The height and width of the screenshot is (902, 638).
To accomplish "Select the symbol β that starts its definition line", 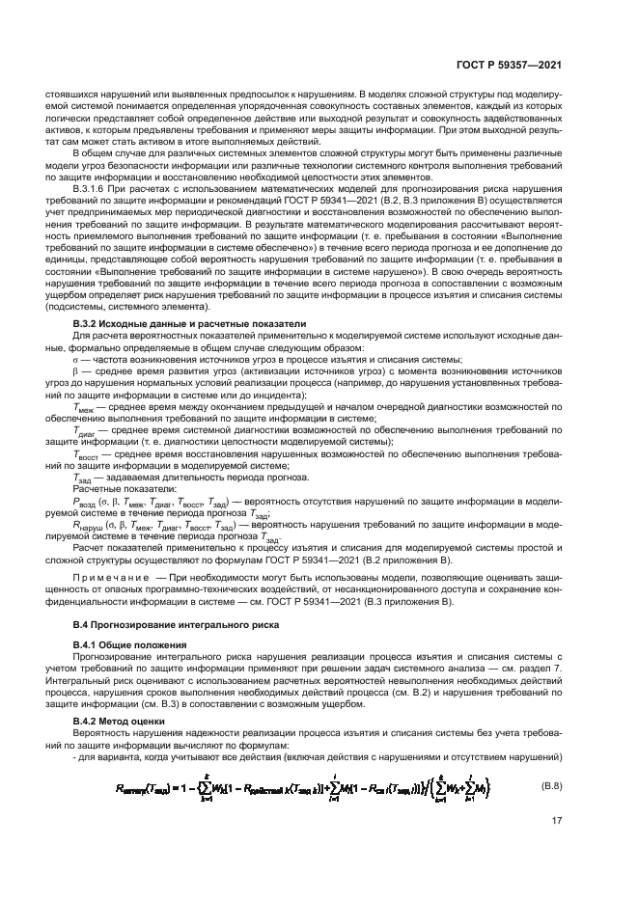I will point(75,370).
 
